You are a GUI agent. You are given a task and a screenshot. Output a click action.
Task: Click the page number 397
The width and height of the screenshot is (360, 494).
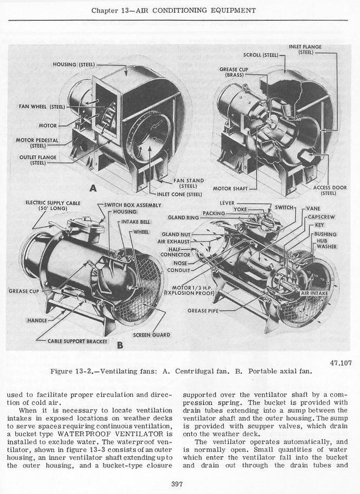pyautogui.click(x=178, y=483)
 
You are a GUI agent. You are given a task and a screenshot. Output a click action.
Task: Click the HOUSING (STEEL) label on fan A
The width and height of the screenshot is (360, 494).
pyautogui.click(x=74, y=65)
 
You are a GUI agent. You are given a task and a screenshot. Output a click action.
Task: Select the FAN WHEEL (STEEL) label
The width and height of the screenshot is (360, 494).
pyautogui.click(x=42, y=107)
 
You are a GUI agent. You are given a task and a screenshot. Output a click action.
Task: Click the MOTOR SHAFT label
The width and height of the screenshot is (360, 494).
pyautogui.click(x=230, y=188)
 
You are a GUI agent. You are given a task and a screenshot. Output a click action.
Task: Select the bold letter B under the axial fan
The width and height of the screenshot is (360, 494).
pyautogui.click(x=120, y=346)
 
